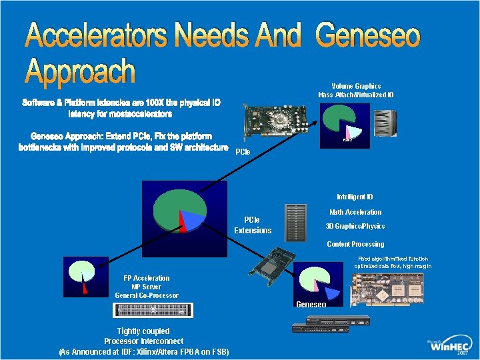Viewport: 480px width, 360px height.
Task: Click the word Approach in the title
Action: (x=81, y=72)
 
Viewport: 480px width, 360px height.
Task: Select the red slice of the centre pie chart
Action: (x=182, y=222)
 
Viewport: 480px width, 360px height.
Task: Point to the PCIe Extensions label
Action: (x=253, y=225)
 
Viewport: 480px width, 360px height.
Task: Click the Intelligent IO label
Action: (x=355, y=197)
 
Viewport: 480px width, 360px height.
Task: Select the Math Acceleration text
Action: (x=355, y=212)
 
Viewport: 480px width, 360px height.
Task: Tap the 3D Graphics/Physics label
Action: (x=355, y=226)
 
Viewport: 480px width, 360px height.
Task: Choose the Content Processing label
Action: (x=355, y=244)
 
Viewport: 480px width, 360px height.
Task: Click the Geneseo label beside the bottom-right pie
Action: (x=311, y=304)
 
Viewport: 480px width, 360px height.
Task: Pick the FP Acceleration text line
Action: (x=147, y=278)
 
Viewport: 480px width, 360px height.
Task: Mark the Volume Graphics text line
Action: (x=356, y=86)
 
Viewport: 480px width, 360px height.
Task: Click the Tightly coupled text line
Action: (x=143, y=331)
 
